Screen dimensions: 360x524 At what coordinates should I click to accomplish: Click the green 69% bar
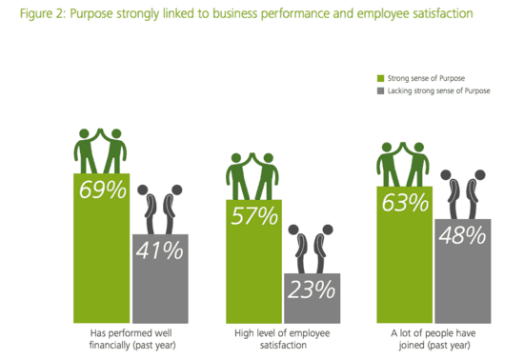tap(102, 248)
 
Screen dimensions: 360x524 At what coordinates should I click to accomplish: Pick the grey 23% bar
tap(311, 299)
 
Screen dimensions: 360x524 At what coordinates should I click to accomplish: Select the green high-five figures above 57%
tap(252, 175)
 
